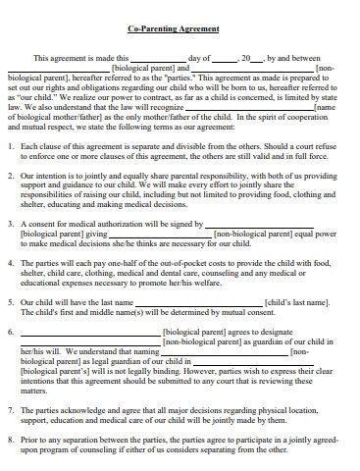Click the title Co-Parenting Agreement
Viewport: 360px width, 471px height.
pyautogui.click(x=180, y=30)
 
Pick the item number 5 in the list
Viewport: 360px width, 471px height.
pyautogui.click(x=11, y=302)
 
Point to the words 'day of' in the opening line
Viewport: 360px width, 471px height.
pyautogui.click(x=199, y=58)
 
